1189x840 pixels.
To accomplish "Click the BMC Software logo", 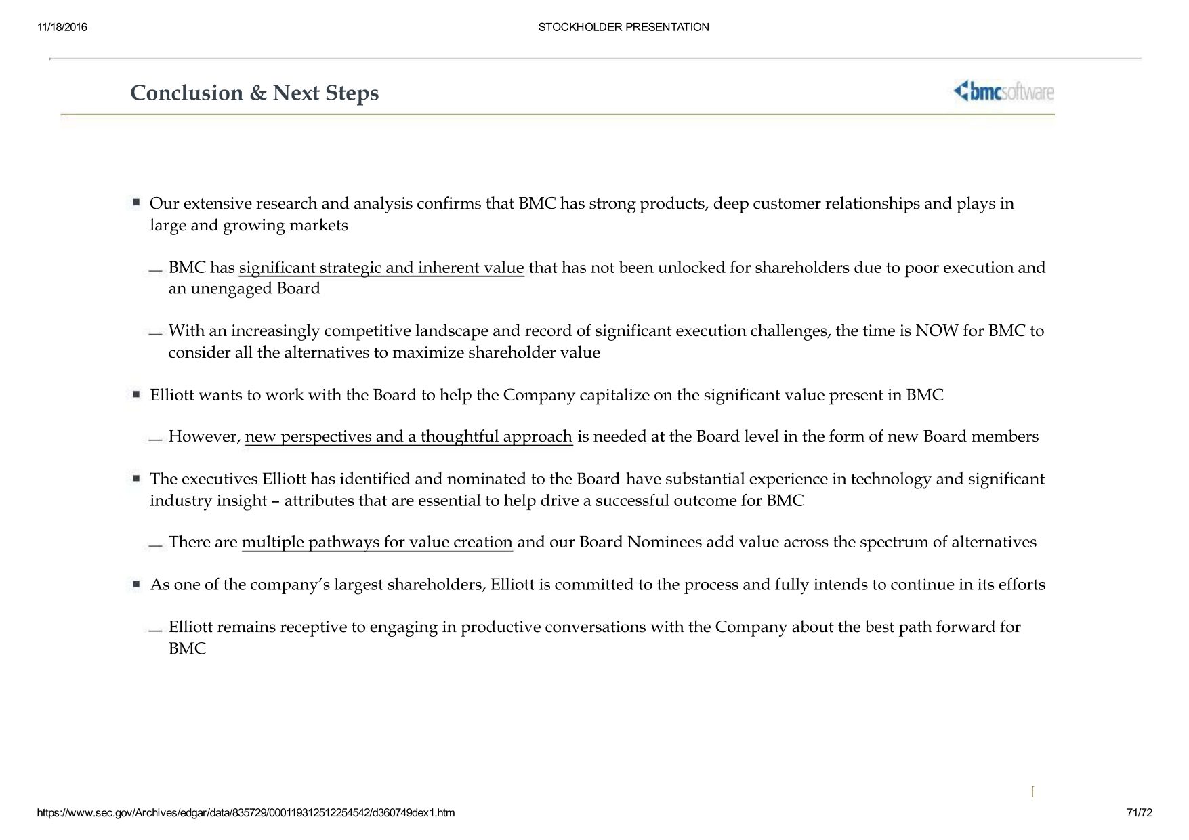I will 1003,91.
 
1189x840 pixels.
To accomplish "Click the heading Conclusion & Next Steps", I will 254,93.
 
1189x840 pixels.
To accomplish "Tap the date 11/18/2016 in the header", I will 62,27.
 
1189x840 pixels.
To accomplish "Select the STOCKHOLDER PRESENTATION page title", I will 623,27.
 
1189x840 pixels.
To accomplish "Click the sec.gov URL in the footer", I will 245,812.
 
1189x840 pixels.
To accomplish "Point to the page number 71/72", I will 1139,812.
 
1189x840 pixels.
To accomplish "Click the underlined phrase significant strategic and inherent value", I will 381,268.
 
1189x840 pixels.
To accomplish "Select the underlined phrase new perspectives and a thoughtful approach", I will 409,436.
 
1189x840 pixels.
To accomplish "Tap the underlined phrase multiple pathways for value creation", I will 377,542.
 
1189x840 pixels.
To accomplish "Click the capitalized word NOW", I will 936,331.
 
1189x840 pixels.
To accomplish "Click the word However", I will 204,436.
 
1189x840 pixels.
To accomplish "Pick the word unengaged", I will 231,289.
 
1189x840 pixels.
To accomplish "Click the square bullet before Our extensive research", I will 136,202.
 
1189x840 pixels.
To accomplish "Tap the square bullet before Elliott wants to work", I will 136,394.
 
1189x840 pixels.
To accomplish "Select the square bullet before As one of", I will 136,583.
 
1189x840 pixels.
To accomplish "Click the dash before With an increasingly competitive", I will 156,333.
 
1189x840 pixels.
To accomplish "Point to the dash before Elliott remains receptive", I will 156,630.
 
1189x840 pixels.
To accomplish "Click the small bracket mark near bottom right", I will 1032,791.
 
